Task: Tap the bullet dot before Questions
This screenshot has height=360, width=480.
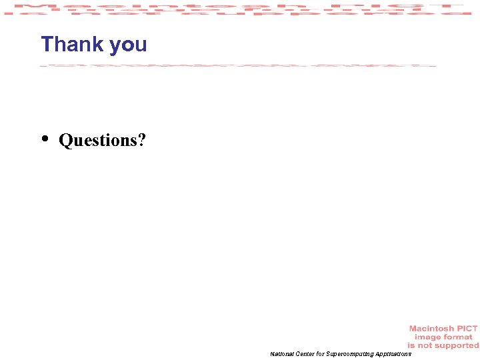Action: [45, 139]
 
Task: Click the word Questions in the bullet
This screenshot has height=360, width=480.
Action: [97, 141]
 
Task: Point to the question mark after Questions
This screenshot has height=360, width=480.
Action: [141, 140]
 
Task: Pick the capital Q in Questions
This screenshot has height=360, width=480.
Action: [65, 141]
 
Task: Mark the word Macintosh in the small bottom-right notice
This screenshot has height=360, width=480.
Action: [431, 329]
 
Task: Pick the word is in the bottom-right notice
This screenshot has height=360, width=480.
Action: [412, 345]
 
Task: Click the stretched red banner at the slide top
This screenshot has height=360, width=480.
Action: [240, 9]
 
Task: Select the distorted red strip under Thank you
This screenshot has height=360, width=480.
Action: [238, 65]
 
